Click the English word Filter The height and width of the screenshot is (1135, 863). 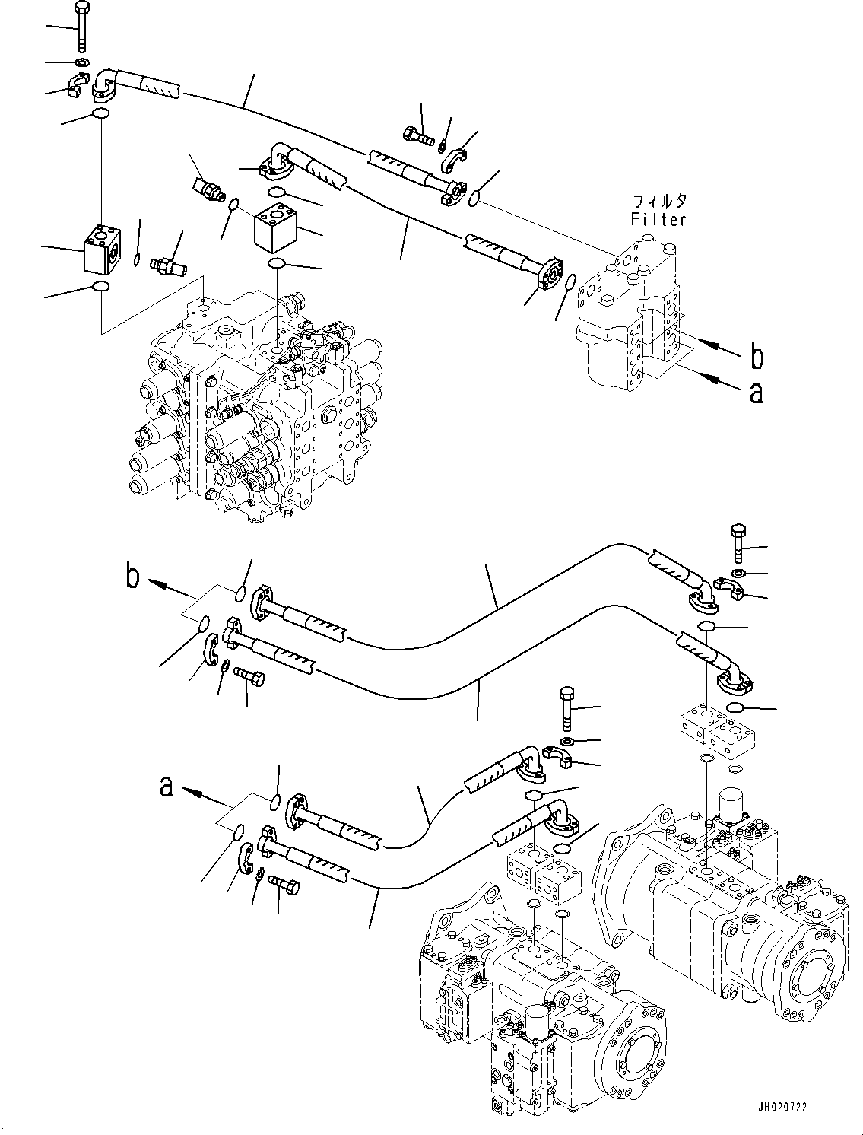658,220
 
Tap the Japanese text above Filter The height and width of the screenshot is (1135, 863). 658,202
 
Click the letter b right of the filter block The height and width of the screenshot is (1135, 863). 757,356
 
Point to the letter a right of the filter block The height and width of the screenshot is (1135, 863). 755,393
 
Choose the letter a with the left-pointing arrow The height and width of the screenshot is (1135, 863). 167,787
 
